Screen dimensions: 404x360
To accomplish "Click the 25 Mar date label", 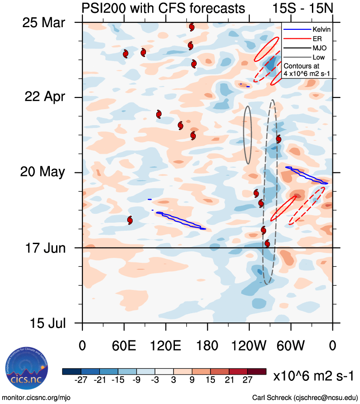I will (43, 22).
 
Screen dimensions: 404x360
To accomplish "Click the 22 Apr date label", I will (44, 97).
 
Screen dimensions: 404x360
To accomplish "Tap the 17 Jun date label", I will (43, 248).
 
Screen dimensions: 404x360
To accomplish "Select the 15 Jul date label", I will (44, 322).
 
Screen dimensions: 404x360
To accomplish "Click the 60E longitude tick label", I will (124, 346).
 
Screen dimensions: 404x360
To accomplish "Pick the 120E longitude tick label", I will (166, 346).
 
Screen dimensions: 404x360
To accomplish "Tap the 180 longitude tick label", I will (207, 346).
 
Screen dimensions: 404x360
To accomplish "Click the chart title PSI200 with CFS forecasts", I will (163, 8).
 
